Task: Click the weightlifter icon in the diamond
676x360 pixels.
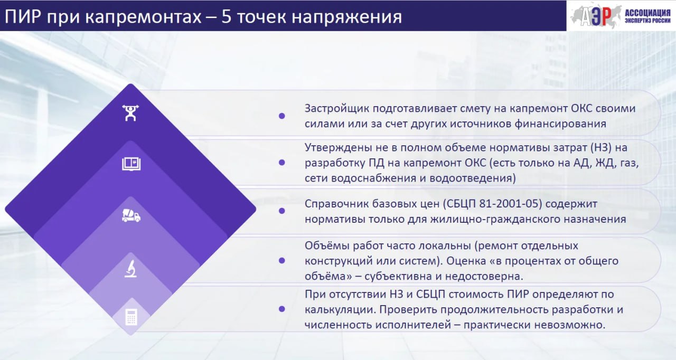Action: (x=130, y=113)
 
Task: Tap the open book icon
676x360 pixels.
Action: (x=132, y=164)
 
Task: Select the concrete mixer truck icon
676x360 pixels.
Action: (x=131, y=215)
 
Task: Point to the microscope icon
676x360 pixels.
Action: (x=130, y=269)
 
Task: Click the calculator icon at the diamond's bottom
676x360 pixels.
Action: (x=132, y=317)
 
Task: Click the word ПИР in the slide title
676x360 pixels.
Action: (x=23, y=16)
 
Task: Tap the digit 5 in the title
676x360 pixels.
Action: (x=227, y=16)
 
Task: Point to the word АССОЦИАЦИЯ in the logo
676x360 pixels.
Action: (x=647, y=13)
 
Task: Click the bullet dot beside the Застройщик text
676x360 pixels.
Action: (x=282, y=116)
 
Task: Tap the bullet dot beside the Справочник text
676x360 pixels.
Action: (x=282, y=211)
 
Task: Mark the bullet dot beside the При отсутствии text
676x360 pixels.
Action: (x=282, y=309)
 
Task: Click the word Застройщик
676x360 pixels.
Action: (x=337, y=109)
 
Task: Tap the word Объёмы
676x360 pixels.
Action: (x=327, y=246)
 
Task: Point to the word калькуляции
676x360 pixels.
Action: (x=340, y=310)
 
